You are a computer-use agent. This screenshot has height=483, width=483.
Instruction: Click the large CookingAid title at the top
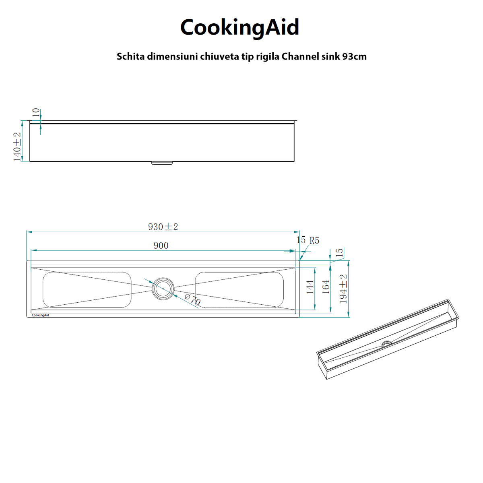point(239,27)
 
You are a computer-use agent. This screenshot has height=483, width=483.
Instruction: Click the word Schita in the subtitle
point(131,56)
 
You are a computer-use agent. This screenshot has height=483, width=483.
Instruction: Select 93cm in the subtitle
point(355,56)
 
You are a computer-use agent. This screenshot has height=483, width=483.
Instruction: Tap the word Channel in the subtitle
point(300,56)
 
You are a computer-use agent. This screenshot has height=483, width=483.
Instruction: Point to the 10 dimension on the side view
point(36,113)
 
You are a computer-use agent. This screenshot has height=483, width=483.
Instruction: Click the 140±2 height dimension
point(17,147)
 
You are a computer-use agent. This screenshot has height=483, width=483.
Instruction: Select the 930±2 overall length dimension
point(163,227)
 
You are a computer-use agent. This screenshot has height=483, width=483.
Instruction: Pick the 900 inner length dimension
point(161,246)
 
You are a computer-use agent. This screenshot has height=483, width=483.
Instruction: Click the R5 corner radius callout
point(314,241)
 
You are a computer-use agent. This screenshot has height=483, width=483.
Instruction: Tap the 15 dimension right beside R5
point(301,240)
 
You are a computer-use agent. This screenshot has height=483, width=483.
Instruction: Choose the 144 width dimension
point(310,287)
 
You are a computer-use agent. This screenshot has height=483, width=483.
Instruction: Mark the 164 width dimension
point(326,287)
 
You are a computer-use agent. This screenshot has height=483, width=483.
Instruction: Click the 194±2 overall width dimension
point(343,289)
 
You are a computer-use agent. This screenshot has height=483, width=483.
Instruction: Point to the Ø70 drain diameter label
point(192,300)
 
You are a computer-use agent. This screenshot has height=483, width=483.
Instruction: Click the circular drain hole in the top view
point(163,289)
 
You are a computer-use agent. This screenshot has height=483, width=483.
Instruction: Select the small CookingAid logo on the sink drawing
point(40,315)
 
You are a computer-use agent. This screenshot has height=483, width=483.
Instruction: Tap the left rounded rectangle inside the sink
point(87,289)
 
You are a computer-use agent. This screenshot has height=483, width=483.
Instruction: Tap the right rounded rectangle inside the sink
point(239,289)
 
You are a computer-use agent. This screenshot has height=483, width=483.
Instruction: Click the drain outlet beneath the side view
point(162,163)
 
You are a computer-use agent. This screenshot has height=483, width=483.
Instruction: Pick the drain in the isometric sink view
point(387,344)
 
